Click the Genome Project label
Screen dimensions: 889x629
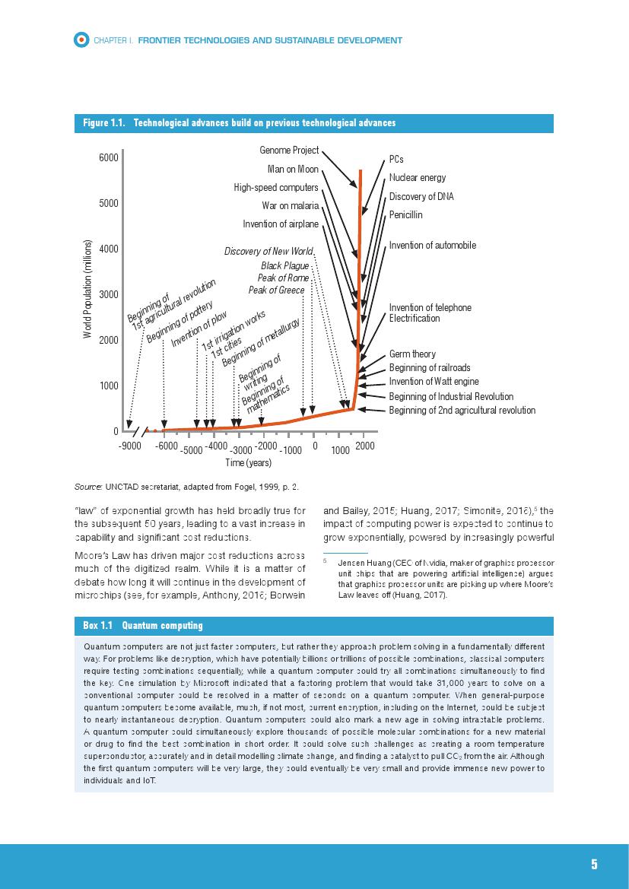(x=289, y=151)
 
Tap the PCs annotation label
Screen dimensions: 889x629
(x=396, y=160)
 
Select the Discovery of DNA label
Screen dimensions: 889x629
(x=421, y=197)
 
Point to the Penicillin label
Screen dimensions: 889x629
(x=405, y=215)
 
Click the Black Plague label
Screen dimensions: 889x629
(x=284, y=266)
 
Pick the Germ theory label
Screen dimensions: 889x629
(x=412, y=354)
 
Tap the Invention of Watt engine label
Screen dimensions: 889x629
(x=434, y=382)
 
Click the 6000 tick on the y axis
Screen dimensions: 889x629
(x=108, y=157)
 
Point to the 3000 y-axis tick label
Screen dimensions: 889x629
(x=108, y=294)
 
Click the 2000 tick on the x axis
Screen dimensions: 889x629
(x=365, y=446)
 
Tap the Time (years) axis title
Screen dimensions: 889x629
(x=248, y=462)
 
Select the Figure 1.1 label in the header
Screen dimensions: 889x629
(x=104, y=123)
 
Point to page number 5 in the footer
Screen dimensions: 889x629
(x=594, y=865)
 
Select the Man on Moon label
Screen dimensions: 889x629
(x=293, y=169)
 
